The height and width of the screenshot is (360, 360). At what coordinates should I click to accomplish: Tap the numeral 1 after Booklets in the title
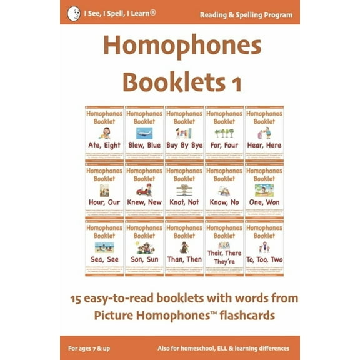coord(236,81)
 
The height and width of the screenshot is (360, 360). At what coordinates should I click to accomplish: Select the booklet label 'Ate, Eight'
coord(104,145)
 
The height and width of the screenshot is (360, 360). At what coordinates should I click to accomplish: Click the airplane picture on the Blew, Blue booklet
coord(144,132)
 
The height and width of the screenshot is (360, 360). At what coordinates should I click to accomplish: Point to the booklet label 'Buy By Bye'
coord(184,145)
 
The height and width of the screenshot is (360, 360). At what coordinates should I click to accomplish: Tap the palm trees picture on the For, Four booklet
coord(224,132)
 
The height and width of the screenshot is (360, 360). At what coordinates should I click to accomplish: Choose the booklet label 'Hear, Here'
coord(264,145)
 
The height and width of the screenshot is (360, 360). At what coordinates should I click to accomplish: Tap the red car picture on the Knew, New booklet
coord(144,190)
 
